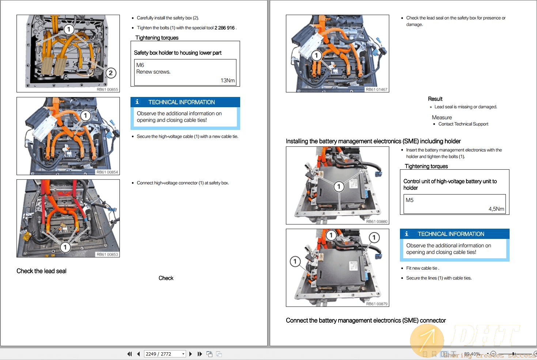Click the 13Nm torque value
pos(227,80)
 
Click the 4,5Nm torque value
pos(496,209)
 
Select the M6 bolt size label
pos(140,65)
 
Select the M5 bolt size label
pos(409,200)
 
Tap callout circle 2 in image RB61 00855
pos(111,73)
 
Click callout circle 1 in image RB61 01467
pos(316,56)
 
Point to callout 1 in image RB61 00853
pos(65,247)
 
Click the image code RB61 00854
pos(107,172)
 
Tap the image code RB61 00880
pos(377,221)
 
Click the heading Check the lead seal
pos(41,271)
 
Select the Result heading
pos(435,99)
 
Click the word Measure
pos(442,117)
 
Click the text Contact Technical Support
pos(463,124)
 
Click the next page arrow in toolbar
pos(190,354)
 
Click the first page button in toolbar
pos(129,354)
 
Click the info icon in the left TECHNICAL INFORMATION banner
pos(137,102)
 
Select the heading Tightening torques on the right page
pos(426,166)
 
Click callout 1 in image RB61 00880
pos(339,187)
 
